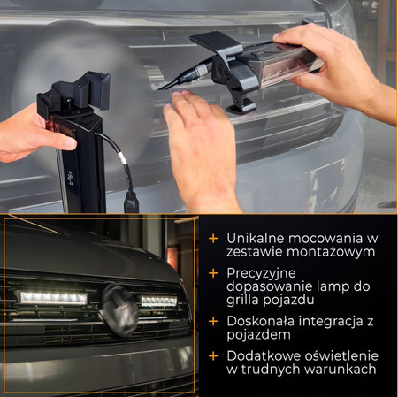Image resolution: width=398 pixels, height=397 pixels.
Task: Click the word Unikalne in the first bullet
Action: [255, 239]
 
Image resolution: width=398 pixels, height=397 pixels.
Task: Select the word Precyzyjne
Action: [261, 273]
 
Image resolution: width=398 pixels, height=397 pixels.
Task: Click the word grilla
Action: [242, 301]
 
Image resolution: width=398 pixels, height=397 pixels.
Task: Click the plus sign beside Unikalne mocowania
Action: [213, 239]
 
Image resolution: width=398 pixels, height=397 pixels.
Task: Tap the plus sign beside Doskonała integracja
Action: [213, 321]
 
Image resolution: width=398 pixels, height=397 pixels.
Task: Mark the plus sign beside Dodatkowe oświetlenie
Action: [213, 356]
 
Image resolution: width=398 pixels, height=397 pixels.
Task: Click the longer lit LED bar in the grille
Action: [53, 298]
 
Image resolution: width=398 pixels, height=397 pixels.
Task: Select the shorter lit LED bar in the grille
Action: [159, 302]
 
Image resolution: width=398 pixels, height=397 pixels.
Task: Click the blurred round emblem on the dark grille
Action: [119, 309]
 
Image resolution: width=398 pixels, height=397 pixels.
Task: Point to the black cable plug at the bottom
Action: [132, 202]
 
